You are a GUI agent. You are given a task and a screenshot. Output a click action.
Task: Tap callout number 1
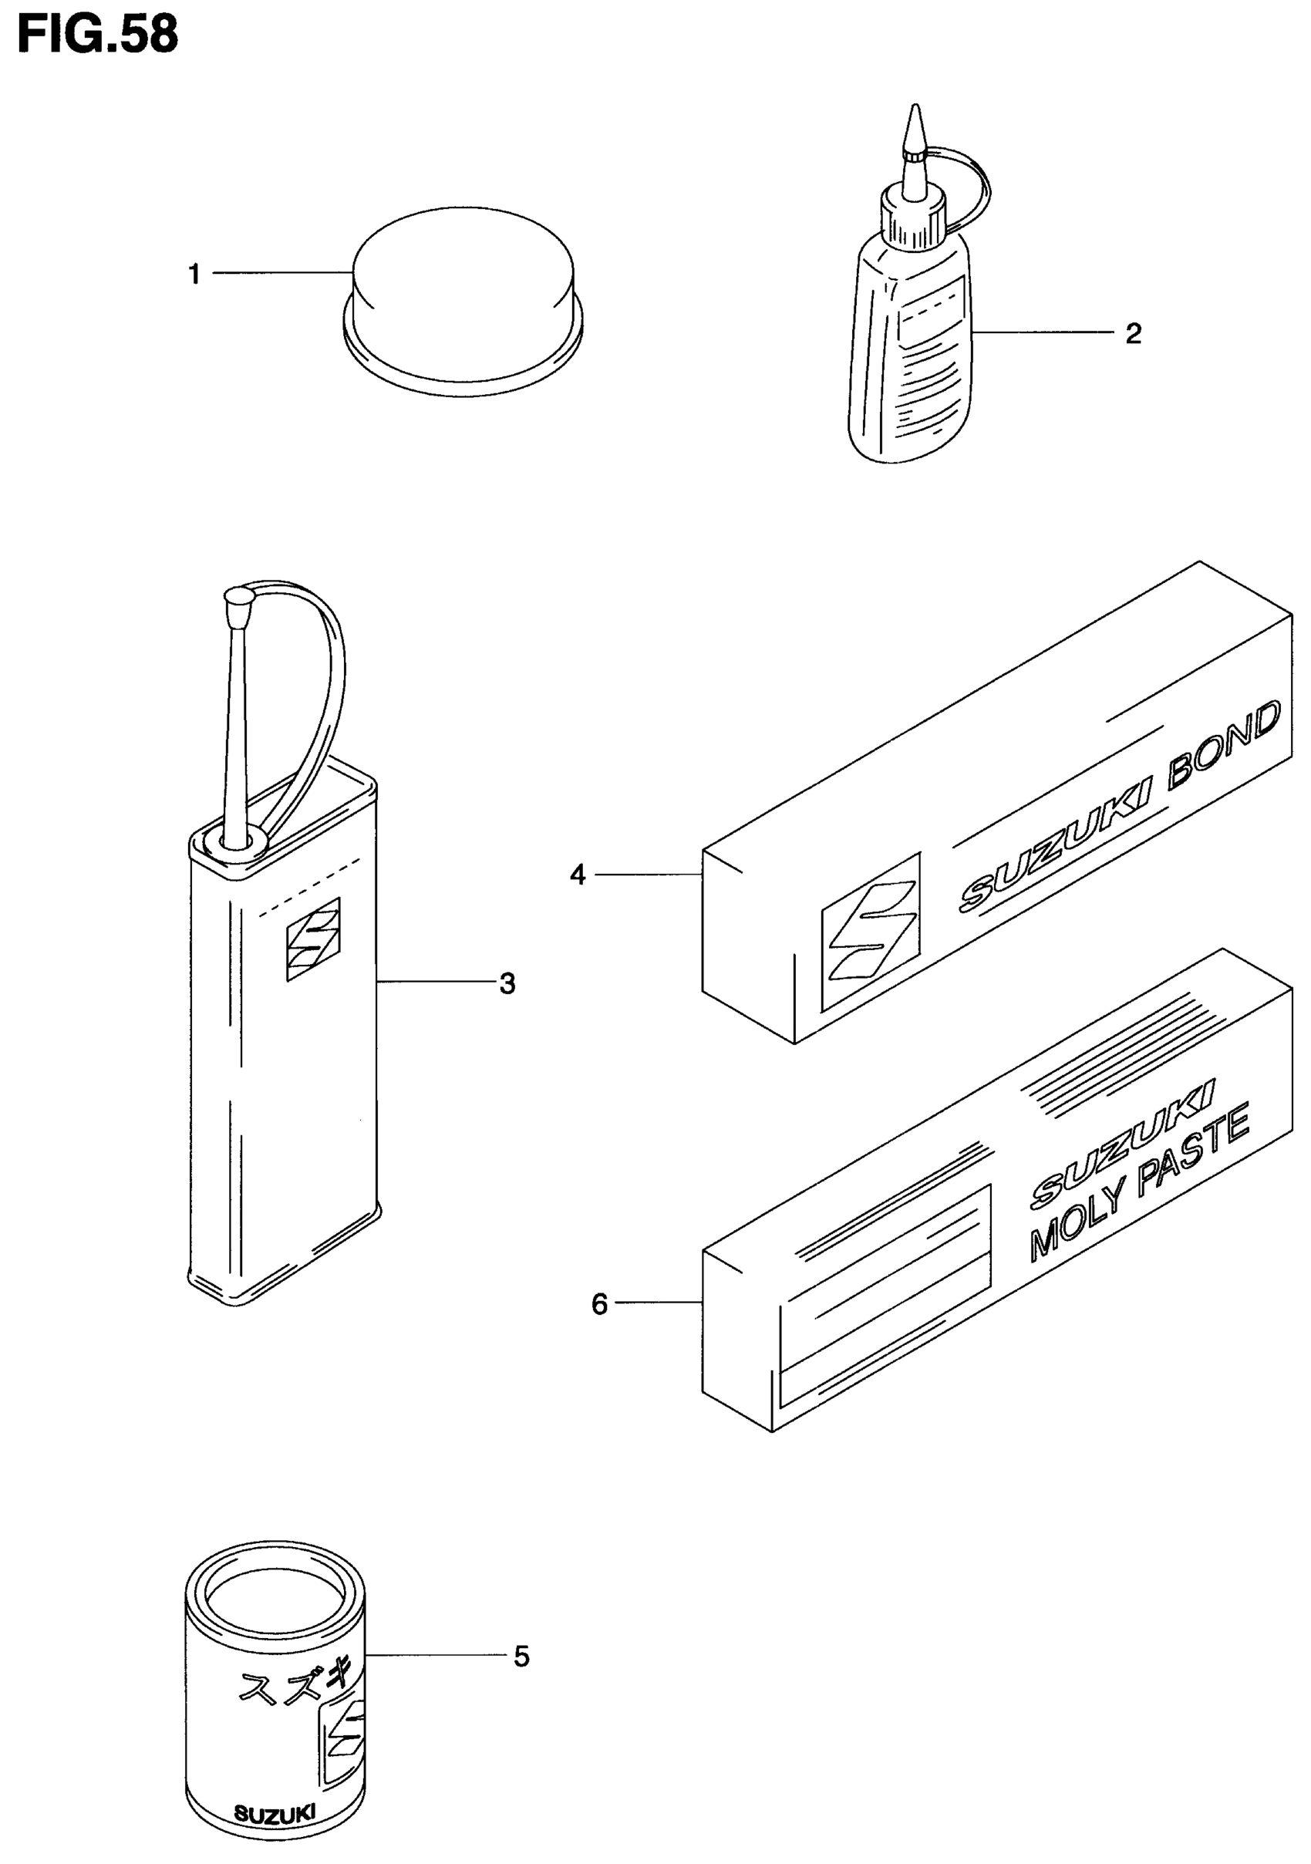pyautogui.click(x=194, y=275)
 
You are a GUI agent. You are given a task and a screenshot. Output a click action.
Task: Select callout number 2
pyautogui.click(x=1133, y=334)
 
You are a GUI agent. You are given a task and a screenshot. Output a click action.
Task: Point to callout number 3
pyautogui.click(x=507, y=984)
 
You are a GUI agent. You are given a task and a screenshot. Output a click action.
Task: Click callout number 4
pyautogui.click(x=578, y=875)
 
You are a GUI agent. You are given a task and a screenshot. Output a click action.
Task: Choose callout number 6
pyautogui.click(x=599, y=1305)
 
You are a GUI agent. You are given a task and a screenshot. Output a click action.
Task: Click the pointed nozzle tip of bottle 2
pyautogui.click(x=915, y=122)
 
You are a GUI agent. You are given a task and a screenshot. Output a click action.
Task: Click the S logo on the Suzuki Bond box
pyautogui.click(x=871, y=932)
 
